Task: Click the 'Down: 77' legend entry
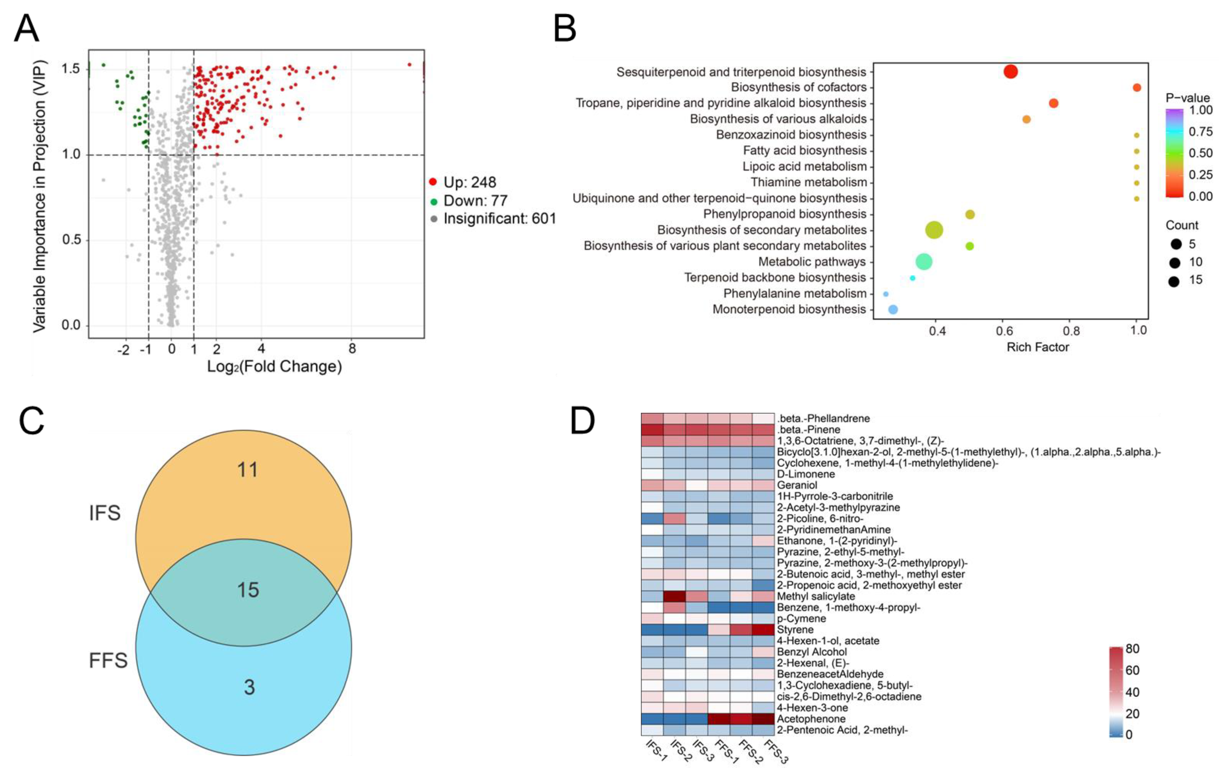click(x=475, y=201)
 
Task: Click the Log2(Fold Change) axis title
click(x=274, y=366)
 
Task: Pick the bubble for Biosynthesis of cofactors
click(x=1137, y=87)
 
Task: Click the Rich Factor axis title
click(x=1038, y=347)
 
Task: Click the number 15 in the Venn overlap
click(x=248, y=590)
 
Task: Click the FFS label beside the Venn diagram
click(x=108, y=660)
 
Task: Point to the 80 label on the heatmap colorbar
click(x=1132, y=649)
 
